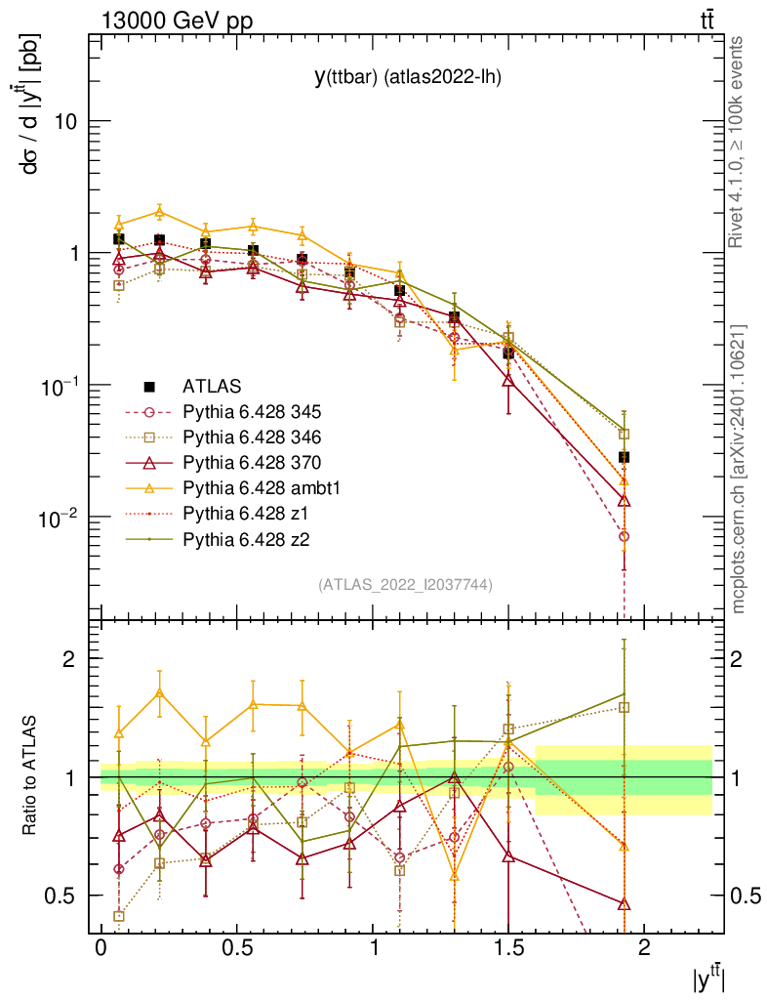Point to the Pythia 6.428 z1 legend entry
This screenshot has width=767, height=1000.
242,513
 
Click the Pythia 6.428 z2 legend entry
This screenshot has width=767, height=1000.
242,538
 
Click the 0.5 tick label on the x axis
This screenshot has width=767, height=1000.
235,948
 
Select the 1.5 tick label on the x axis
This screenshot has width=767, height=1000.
507,948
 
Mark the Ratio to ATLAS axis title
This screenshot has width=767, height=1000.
32,776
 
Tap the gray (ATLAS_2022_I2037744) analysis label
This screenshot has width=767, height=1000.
405,585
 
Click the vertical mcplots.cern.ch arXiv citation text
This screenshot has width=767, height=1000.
739,469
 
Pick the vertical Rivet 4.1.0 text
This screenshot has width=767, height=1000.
739,142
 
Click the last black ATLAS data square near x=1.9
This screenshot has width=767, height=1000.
624,457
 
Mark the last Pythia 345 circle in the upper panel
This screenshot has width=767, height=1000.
624,536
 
